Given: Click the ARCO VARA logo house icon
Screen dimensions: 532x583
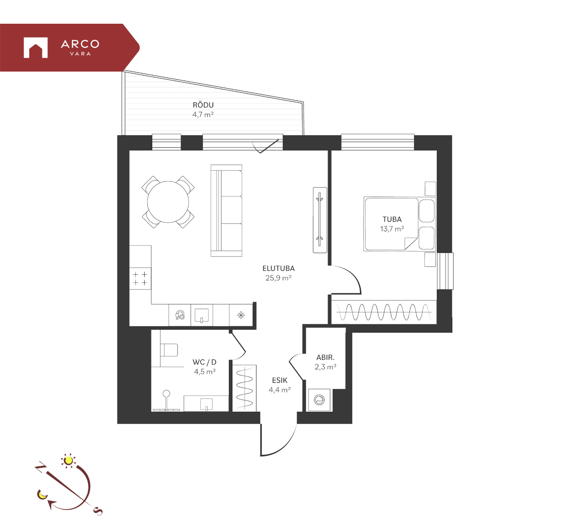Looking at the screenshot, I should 36,47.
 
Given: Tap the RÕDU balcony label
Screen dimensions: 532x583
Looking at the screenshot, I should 203,105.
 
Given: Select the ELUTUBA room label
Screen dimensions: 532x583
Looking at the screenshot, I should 278,268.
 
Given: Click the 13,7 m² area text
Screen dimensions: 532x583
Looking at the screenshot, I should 392,229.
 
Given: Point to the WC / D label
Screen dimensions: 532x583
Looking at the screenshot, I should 205,362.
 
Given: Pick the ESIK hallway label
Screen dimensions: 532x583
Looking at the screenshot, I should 279,381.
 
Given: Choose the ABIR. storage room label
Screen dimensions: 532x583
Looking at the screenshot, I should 325,357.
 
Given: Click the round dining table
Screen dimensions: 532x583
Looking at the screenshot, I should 168,202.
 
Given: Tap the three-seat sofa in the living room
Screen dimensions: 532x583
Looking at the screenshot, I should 226,211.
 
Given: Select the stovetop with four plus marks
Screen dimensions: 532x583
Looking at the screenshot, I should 140,278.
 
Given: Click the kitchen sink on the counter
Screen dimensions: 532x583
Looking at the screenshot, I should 202,315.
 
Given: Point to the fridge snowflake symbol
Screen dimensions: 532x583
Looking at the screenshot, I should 241,315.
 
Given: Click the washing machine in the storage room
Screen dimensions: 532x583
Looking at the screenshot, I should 319,400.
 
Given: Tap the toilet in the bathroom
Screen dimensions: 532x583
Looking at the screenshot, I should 169,350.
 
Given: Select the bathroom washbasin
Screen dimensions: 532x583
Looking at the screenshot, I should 206,404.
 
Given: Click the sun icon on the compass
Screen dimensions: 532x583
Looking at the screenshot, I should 68,460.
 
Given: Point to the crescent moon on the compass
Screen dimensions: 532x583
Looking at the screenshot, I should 42,494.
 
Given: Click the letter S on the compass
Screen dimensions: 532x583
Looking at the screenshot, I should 98,511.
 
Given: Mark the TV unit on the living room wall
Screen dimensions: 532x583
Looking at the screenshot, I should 320,220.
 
